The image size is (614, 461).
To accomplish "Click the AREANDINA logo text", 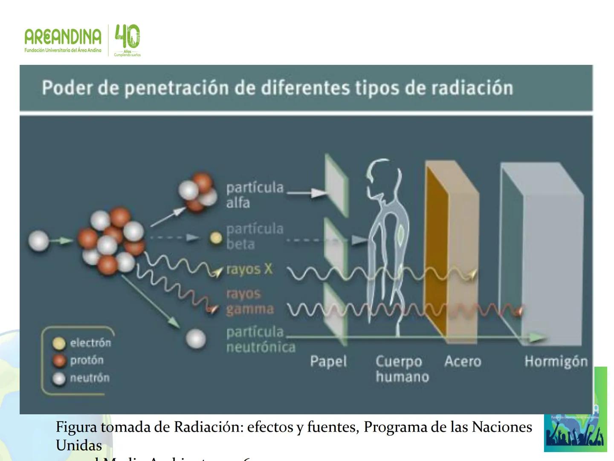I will point(63,37).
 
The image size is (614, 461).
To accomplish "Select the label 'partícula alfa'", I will point(255,195).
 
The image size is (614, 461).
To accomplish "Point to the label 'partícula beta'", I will point(255,236).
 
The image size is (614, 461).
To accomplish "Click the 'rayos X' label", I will point(249,269).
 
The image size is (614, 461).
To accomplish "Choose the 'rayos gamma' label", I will point(249,301).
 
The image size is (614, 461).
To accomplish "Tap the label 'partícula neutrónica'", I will point(260,339).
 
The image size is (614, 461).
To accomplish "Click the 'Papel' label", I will point(328,362).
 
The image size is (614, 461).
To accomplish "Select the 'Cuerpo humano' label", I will point(401,369).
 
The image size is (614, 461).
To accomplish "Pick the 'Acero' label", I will point(463,362).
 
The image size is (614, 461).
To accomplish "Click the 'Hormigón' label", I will point(556,362).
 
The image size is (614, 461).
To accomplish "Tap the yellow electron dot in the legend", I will point(59,343).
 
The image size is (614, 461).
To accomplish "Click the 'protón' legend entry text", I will point(87,360).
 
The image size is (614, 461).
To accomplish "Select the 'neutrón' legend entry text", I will point(90,378).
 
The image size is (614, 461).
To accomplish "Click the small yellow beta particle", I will point(217,238).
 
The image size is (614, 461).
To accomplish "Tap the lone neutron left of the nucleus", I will point(38,241).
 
